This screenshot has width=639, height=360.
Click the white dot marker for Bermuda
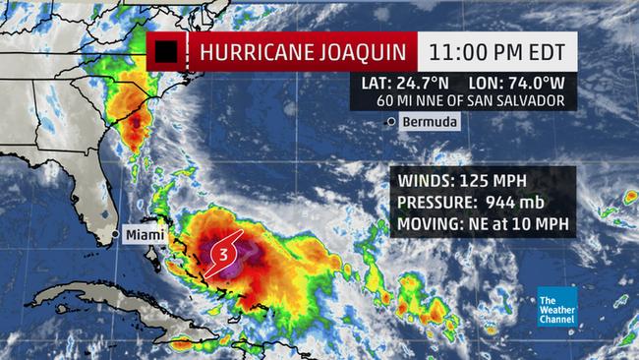pos(392,121)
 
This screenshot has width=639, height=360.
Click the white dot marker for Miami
pos(116,235)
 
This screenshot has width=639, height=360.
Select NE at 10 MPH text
pos(520,224)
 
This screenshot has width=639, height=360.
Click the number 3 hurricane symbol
pos(223,253)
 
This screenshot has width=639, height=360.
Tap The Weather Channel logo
pos(556,306)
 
